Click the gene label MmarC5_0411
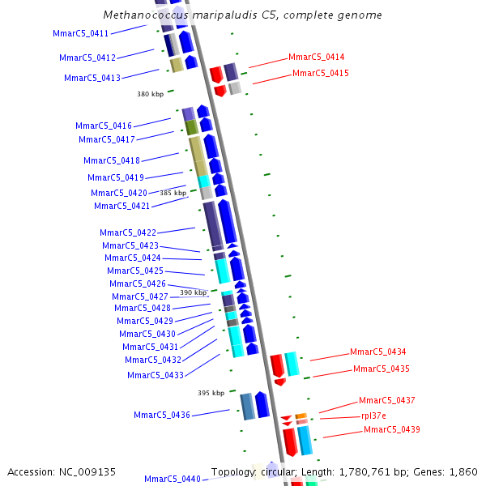coord(80,33)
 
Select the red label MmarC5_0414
coord(316,58)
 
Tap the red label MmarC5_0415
coord(320,73)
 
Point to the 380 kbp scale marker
coord(150,94)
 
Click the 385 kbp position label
coord(173,193)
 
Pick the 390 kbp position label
coord(193,292)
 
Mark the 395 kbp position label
coord(211,393)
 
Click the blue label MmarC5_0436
coord(162,415)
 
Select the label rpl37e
coord(373,416)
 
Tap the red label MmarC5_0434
coord(377,352)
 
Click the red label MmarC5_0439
coord(391,429)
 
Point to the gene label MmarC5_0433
coord(155,375)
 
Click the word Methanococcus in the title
coord(142,15)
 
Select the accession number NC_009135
coord(88,471)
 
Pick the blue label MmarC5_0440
coord(172,479)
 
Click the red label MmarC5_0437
coord(386,401)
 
